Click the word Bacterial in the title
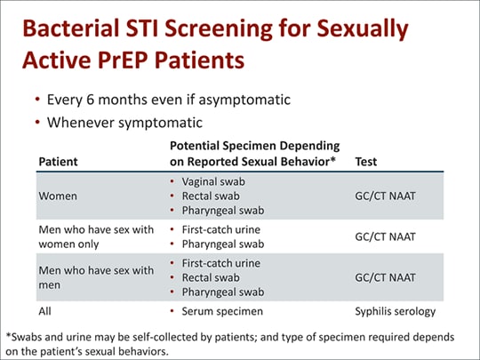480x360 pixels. [x=79, y=30]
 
